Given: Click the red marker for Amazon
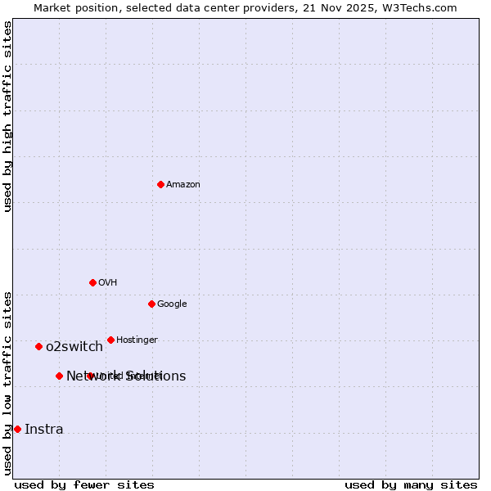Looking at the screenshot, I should tap(160, 184).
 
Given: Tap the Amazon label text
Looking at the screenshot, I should tap(182, 185).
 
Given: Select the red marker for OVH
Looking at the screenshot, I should tap(92, 282).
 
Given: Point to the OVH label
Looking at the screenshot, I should tap(107, 283).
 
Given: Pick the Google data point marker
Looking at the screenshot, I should tap(151, 304).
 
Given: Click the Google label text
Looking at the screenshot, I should tap(172, 304).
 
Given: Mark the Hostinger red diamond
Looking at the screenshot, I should tap(110, 340).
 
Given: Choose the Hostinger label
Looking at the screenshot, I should tap(137, 340).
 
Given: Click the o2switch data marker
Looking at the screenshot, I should tap(38, 346).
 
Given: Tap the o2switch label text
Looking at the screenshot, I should tap(74, 347).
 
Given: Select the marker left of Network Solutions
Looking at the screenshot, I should tap(59, 376).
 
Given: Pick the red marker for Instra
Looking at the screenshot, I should tap(17, 429).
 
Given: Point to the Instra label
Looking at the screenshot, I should tap(43, 430).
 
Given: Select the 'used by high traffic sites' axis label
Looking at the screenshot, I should tap(8, 116).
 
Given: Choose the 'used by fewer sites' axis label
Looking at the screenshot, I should tap(84, 484).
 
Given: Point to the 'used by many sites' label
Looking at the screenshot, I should tap(411, 484).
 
